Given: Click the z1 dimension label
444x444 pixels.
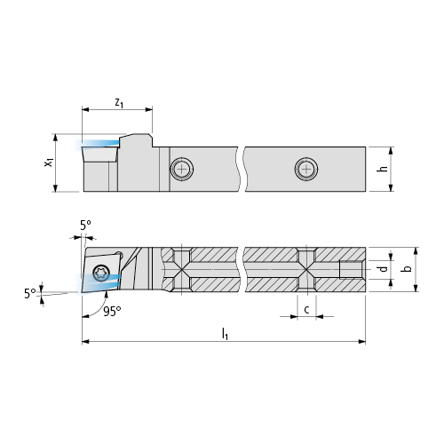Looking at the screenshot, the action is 119,103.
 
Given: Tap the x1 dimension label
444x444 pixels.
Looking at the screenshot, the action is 49,163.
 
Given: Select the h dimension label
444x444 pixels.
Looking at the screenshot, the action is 384,168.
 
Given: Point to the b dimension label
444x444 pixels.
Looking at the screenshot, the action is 408,268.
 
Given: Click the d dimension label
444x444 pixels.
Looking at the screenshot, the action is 384,268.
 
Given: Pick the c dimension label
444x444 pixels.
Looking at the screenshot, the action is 306,310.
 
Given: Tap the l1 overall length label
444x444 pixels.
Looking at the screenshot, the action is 225,334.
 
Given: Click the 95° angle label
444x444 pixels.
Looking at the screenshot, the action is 112,312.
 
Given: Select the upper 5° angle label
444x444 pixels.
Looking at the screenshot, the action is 85,226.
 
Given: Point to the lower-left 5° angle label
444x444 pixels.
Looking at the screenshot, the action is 30,294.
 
